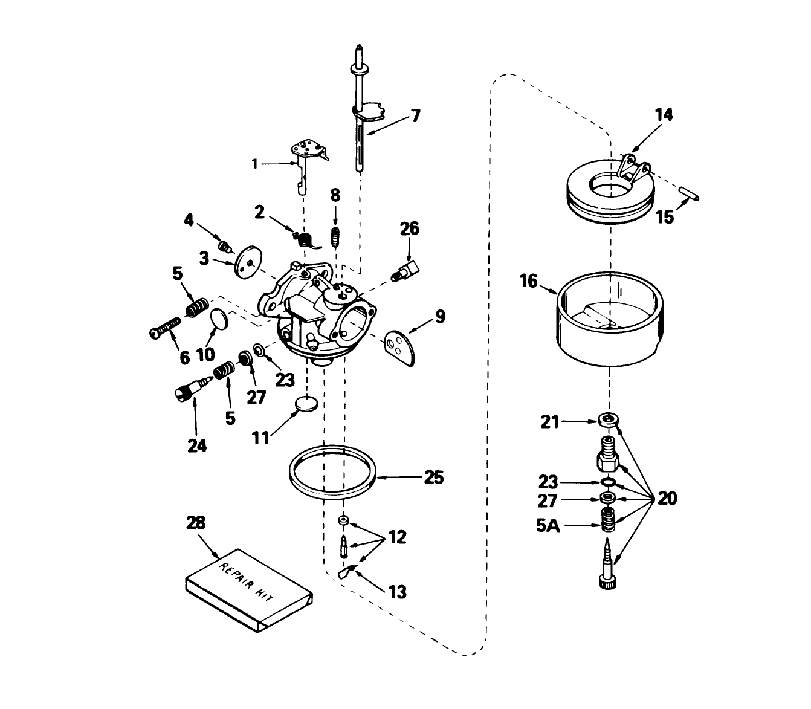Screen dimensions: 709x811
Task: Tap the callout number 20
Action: [668, 499]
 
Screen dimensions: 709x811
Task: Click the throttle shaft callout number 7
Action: [415, 115]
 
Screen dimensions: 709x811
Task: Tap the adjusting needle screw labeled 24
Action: [186, 393]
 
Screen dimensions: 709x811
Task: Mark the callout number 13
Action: [397, 591]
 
